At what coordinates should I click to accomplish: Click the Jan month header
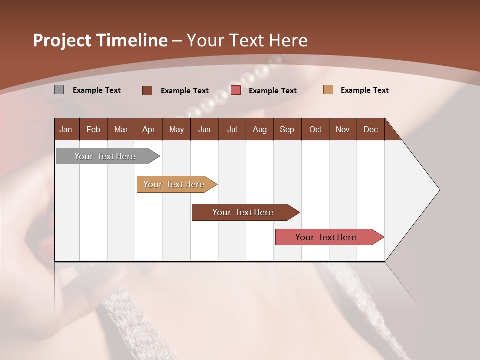pyautogui.click(x=66, y=129)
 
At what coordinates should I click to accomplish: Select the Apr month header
pyautogui.click(x=149, y=129)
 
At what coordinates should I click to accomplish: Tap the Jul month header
pyautogui.click(x=232, y=129)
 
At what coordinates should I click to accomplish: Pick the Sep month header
pyautogui.click(x=287, y=129)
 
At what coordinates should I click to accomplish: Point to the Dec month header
pyautogui.click(x=371, y=129)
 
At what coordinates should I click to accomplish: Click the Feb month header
pyautogui.click(x=93, y=129)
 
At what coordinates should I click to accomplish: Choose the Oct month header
pyautogui.click(x=315, y=129)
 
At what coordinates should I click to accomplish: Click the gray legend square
pyautogui.click(x=59, y=90)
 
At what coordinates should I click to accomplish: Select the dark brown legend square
pyautogui.click(x=147, y=90)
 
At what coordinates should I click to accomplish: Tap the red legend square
pyautogui.click(x=236, y=90)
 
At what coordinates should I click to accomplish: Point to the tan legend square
pyautogui.click(x=328, y=90)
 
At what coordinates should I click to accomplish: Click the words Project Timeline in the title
pyautogui.click(x=100, y=40)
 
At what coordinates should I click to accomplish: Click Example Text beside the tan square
pyautogui.click(x=364, y=90)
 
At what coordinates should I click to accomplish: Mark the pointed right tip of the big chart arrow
pyautogui.click(x=439, y=190)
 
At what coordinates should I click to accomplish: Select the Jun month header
pyautogui.click(x=204, y=129)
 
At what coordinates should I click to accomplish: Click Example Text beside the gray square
pyautogui.click(x=97, y=90)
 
